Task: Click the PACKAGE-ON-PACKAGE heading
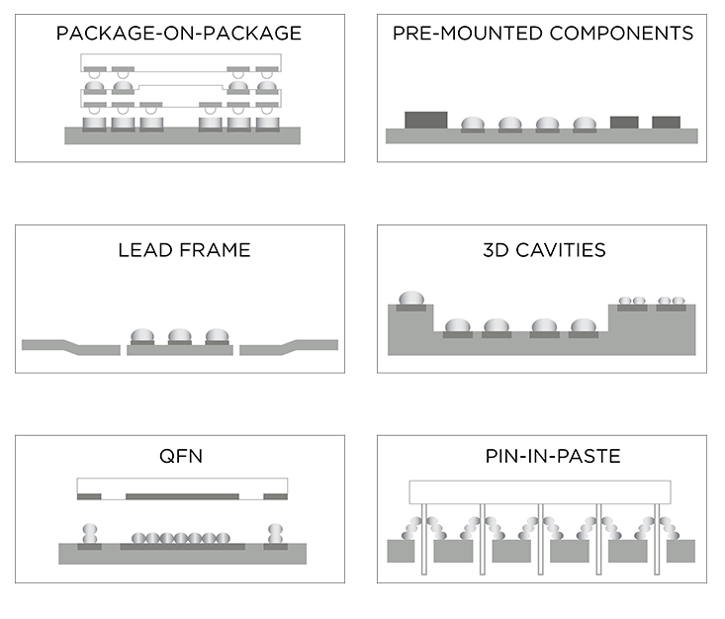coord(179,34)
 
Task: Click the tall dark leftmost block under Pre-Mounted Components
coord(424,120)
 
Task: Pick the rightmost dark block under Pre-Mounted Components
coord(666,123)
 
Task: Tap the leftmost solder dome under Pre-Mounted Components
coord(473,124)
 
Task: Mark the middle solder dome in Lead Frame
coord(179,335)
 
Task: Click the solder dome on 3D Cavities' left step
coord(411,299)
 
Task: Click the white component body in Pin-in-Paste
coord(540,490)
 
